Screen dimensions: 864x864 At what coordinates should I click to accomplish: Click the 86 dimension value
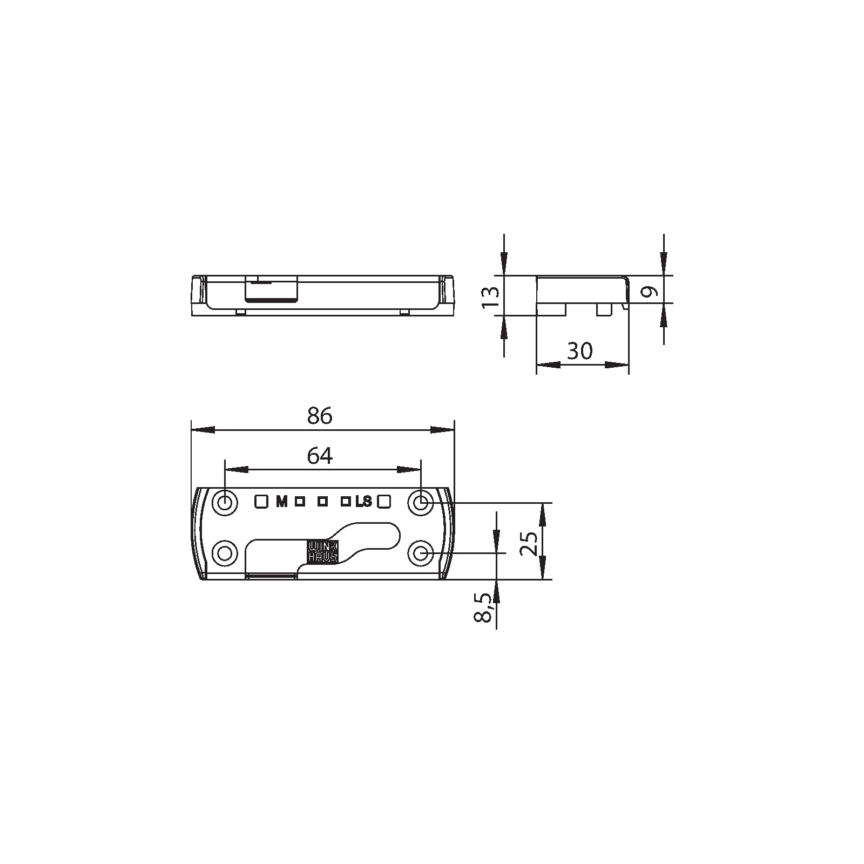320,416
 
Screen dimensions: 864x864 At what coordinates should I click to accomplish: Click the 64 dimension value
320,456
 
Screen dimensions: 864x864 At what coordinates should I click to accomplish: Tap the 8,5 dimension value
484,608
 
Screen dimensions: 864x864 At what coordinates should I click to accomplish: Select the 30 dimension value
580,351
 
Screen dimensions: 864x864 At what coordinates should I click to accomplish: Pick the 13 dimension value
490,298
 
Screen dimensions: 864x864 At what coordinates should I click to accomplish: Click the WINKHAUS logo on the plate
322,551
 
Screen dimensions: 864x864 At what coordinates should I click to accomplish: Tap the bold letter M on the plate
281,502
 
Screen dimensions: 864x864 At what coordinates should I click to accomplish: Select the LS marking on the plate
364,502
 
